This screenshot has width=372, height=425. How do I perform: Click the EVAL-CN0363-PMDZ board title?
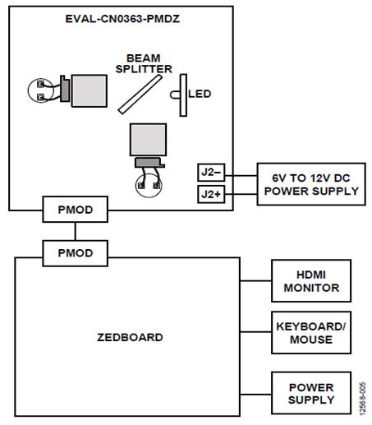point(122,19)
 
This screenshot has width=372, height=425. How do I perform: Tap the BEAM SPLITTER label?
point(144,63)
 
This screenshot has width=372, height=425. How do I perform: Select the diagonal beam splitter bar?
point(140,95)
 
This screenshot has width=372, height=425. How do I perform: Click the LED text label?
point(200,94)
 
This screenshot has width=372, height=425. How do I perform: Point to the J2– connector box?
point(211,173)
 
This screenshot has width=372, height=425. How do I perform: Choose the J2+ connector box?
point(211,194)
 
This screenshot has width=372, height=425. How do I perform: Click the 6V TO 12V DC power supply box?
point(311,184)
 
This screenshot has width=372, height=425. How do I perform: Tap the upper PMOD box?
point(76,210)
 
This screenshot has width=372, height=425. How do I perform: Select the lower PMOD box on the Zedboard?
point(76,253)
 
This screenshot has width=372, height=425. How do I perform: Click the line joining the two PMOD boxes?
point(76,232)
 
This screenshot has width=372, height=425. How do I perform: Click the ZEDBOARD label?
point(130,337)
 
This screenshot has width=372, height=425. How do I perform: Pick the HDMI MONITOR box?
point(311,281)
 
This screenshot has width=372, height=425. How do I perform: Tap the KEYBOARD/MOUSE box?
point(311,332)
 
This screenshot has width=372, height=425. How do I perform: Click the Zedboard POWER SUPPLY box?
point(311,393)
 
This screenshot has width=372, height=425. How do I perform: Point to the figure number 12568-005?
point(362,399)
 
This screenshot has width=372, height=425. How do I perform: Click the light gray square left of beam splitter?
point(90,90)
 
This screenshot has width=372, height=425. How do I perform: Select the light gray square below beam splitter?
point(148,140)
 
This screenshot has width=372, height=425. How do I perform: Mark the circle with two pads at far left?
point(40,90)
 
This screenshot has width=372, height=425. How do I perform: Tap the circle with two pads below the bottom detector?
point(149,185)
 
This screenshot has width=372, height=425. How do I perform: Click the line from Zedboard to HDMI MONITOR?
point(255,281)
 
